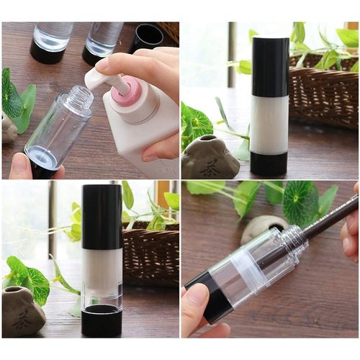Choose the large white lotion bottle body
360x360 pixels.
(140, 133)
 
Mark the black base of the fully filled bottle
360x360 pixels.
(269, 163)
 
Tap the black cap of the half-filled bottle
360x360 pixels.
(102, 216)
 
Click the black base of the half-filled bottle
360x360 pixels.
(102, 320)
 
